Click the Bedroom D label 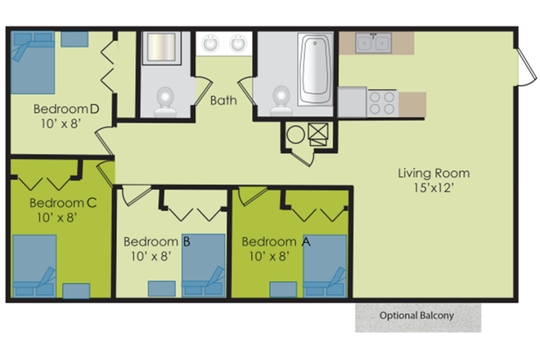pos(66,108)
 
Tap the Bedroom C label pos(57,203)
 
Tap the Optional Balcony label pos(416,316)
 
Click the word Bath pos(223,101)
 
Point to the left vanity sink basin pos(210,43)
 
